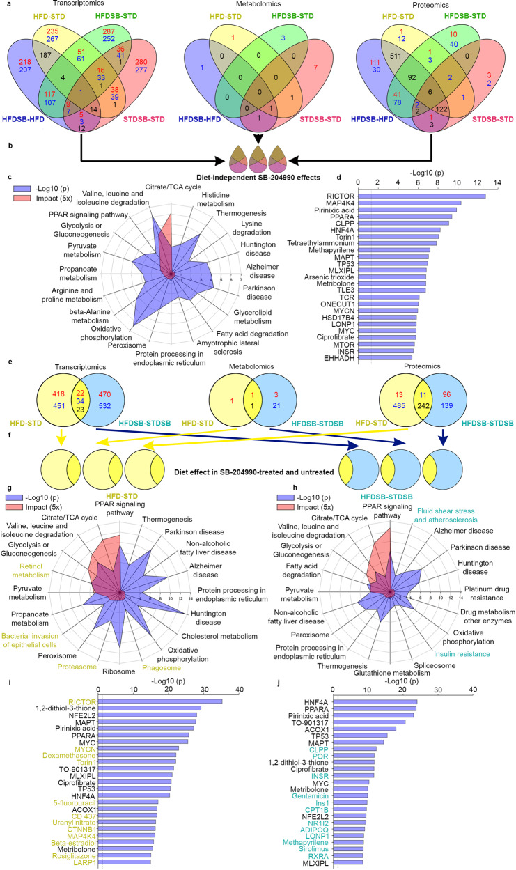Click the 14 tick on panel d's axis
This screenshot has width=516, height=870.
(497, 182)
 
